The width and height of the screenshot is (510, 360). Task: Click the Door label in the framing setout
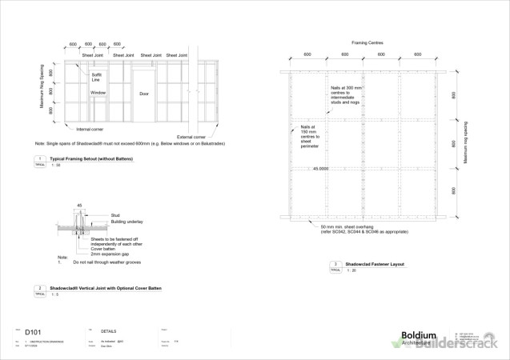pos(144,93)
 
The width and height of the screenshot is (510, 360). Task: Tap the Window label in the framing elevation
pos(98,93)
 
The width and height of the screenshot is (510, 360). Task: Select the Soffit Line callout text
pos(96,77)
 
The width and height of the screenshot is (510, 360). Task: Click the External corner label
pos(192,137)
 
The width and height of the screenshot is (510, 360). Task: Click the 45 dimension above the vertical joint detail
pos(79,206)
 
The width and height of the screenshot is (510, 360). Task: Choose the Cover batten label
pos(101,248)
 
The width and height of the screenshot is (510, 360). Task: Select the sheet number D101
pos(32,330)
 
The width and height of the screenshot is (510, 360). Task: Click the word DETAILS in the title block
pos(109,330)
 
